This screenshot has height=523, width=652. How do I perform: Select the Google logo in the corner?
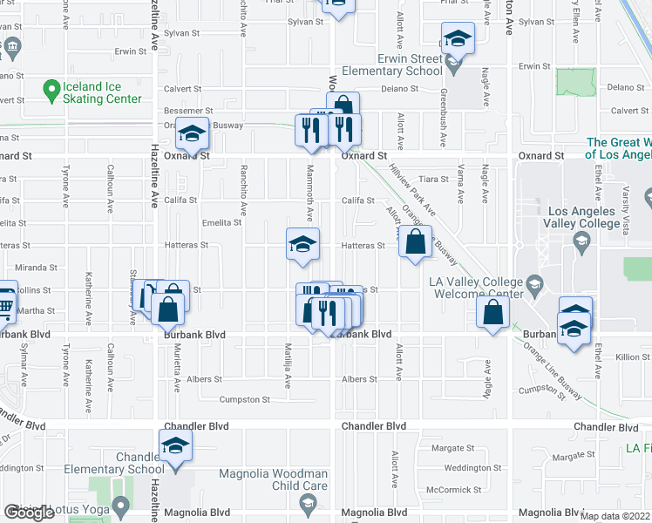29,513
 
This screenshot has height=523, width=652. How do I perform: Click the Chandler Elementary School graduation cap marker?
175,446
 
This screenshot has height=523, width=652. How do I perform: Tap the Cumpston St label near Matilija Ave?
244,400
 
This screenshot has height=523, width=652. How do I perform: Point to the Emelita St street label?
221,223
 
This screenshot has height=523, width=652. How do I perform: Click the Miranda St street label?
34,268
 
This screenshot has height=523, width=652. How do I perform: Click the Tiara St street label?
432,178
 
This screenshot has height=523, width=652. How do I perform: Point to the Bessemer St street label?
183,112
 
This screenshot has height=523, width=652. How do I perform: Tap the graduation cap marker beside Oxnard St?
194,133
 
